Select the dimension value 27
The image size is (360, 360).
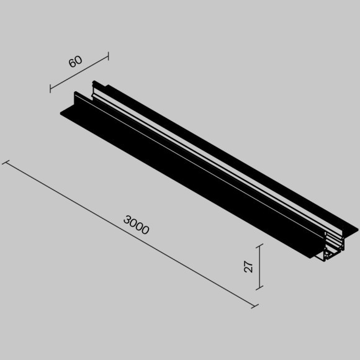(249, 266)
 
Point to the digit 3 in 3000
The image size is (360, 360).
(127, 219)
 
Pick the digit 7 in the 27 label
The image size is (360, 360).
(249, 263)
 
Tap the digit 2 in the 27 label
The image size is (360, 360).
(249, 270)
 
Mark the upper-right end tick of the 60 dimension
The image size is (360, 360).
(108, 56)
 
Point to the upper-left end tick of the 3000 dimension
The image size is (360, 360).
(6, 163)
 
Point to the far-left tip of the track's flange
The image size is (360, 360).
(61, 112)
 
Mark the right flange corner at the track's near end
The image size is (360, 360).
(358, 232)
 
